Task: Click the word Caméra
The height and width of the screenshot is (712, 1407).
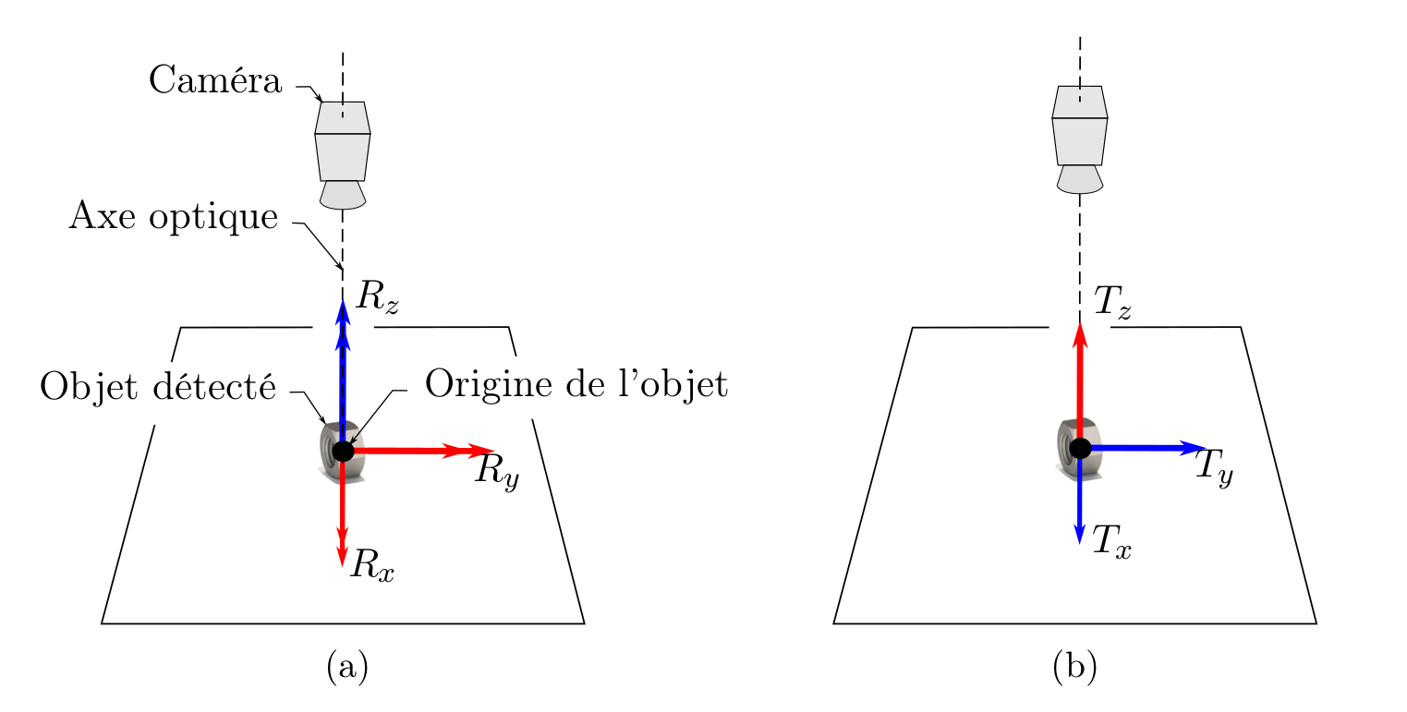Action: (x=214, y=81)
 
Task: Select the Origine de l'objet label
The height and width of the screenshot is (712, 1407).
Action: (x=576, y=384)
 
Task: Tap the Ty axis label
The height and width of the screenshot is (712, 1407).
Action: (x=1214, y=466)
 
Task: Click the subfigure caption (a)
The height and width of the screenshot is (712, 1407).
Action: (x=347, y=666)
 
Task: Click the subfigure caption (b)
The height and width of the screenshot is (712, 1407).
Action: (x=1074, y=666)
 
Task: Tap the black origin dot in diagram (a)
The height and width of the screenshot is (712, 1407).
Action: (x=343, y=451)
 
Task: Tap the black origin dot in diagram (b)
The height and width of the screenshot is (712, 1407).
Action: (x=1080, y=449)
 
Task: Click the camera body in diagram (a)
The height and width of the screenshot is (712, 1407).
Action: (x=343, y=155)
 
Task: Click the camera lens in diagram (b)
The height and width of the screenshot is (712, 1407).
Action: (x=1079, y=179)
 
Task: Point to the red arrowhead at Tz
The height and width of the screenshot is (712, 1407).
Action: (x=1079, y=333)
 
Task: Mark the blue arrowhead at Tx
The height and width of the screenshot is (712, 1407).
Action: (x=1079, y=535)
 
